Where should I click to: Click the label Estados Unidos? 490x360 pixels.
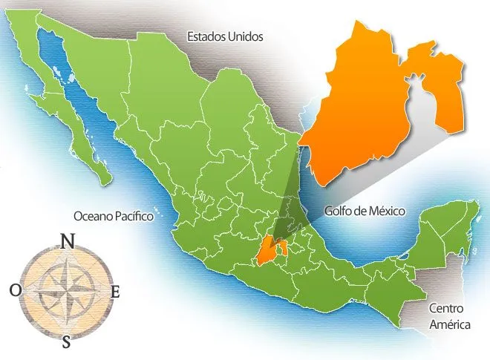[225, 36]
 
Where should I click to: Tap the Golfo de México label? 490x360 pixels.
[365, 211]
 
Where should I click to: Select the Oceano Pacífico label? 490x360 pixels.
[113, 216]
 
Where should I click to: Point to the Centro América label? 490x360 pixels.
[448, 315]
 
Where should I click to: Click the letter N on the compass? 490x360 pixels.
[68, 241]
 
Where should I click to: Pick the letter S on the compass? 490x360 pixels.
[67, 341]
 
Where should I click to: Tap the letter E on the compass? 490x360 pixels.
[115, 292]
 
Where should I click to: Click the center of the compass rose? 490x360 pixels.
[66, 291]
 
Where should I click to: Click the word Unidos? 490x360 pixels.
[245, 36]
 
